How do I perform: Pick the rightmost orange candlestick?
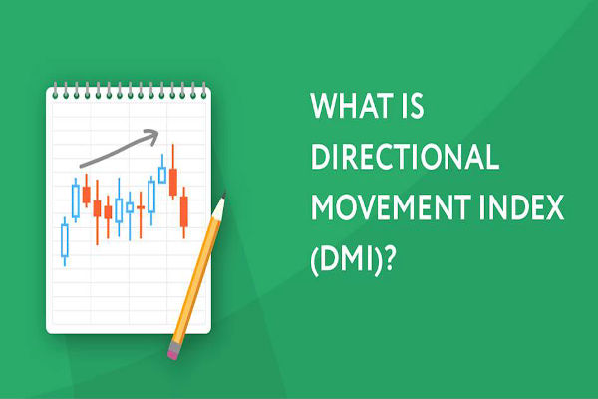(x=183, y=210)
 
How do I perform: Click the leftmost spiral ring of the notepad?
(x=54, y=92)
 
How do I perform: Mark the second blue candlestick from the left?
(x=76, y=199)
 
